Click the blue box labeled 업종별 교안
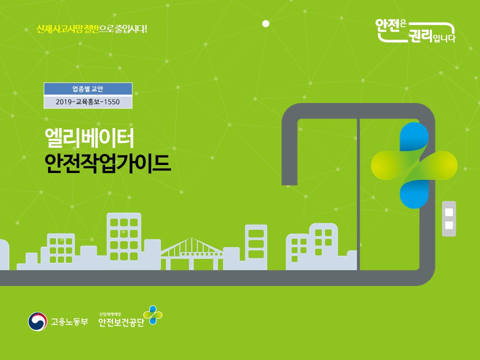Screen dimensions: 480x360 point(88,89)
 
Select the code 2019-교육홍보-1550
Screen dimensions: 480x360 point(88,102)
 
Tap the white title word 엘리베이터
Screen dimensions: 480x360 point(89,138)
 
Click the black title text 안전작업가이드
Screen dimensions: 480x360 point(107,163)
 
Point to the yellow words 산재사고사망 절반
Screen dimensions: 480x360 point(67,29)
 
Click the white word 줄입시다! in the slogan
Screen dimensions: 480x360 point(131,29)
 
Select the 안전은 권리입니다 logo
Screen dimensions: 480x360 point(415,31)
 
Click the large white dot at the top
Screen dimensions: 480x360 point(266,23)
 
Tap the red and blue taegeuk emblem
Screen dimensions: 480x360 point(37,321)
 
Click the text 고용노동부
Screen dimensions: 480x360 point(69,321)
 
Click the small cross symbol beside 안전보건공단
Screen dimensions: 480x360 point(153,314)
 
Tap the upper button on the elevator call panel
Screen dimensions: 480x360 point(449,212)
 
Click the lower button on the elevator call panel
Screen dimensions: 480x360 point(449,225)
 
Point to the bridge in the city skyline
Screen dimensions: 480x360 point(191,253)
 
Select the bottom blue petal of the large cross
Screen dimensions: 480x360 point(414,194)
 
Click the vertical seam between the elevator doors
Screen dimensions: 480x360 point(358,194)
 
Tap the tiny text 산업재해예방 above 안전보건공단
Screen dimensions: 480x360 point(110,314)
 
